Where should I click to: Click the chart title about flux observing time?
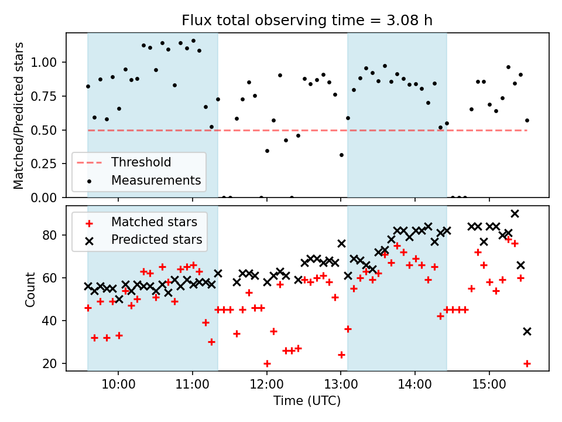pyautogui.click(x=307, y=21)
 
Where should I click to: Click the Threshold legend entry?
pyautogui.click(x=141, y=162)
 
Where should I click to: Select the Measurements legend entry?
pyautogui.click(x=156, y=180)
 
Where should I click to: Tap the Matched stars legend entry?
pyautogui.click(x=154, y=222)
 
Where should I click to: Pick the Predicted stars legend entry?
pyautogui.click(x=156, y=240)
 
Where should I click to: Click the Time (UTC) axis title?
pyautogui.click(x=307, y=401)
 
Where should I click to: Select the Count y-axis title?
pyautogui.click(x=30, y=289)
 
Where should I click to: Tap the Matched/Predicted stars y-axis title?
pyautogui.click(x=19, y=115)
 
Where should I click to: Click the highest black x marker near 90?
pyautogui.click(x=515, y=214)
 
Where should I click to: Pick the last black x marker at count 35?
pyautogui.click(x=527, y=331)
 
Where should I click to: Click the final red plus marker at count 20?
pyautogui.click(x=527, y=363)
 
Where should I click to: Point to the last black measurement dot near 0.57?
pyautogui.click(x=527, y=120)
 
